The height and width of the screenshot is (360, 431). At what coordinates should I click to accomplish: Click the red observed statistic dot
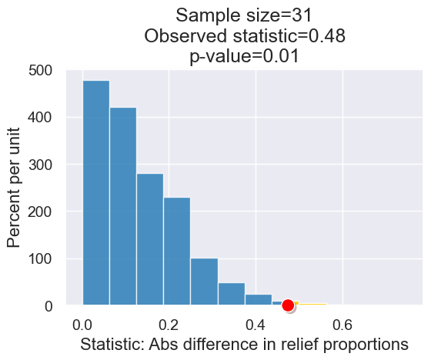(289, 305)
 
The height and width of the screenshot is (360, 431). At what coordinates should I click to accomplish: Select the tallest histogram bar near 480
(96, 192)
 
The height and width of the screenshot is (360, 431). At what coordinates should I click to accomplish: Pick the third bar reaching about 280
(150, 239)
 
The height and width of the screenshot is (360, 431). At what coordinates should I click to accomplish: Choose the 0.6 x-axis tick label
(343, 322)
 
